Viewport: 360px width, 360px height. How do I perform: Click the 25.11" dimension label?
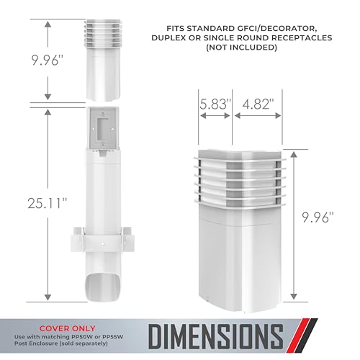click(48, 203)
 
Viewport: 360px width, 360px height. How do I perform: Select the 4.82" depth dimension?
click(258, 104)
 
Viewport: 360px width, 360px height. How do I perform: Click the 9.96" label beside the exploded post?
click(48, 60)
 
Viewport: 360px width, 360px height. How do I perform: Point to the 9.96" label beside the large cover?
click(318, 217)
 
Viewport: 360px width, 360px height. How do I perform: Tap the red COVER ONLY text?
click(68, 328)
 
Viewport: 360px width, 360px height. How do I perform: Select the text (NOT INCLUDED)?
click(242, 48)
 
